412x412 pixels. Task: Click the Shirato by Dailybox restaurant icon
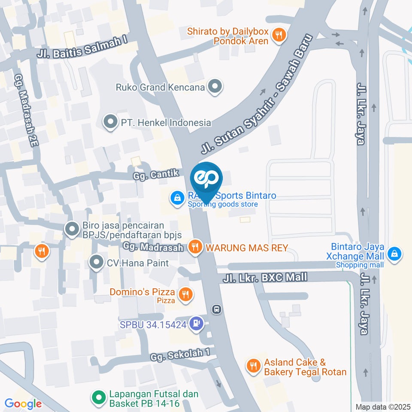point(279,36)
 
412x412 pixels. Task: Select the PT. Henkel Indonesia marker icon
point(111,122)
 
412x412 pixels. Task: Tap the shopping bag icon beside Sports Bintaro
point(177,198)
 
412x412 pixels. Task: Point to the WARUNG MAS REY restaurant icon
point(195,247)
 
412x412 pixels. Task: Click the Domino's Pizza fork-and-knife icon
point(186,294)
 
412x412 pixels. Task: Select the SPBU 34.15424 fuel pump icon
point(197,324)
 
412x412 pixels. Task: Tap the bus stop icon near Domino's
point(217,309)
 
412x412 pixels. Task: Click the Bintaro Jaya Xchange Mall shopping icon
point(394,254)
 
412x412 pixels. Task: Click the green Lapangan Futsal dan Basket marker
point(99,397)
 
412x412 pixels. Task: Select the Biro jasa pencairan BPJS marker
point(72,229)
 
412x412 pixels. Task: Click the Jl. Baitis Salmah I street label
point(82,47)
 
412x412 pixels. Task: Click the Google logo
point(23,404)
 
